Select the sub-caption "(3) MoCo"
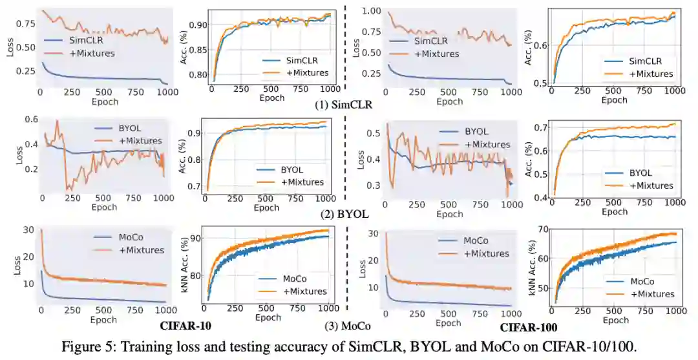[x=348, y=327]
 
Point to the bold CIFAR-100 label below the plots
[x=529, y=328]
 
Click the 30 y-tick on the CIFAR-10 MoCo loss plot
[x=27, y=230]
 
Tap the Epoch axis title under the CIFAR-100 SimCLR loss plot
[x=449, y=101]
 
